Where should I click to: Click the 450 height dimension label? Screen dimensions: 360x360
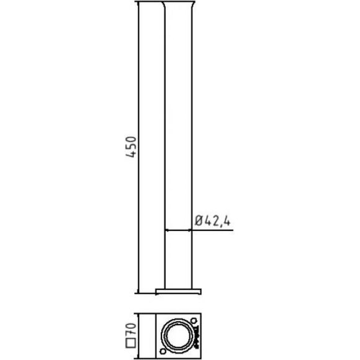131,147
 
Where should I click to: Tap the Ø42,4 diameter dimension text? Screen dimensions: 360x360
212,221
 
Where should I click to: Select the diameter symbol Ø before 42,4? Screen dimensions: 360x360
199,221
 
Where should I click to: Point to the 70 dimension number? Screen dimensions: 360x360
131,329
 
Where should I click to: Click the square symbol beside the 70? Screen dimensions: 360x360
131,343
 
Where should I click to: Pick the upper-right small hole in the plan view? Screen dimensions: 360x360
194,320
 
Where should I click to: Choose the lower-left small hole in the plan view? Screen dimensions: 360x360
163,351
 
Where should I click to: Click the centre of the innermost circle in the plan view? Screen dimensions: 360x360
178,336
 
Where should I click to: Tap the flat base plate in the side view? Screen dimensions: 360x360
178,292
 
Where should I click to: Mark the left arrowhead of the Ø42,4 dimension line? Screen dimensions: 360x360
167,230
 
